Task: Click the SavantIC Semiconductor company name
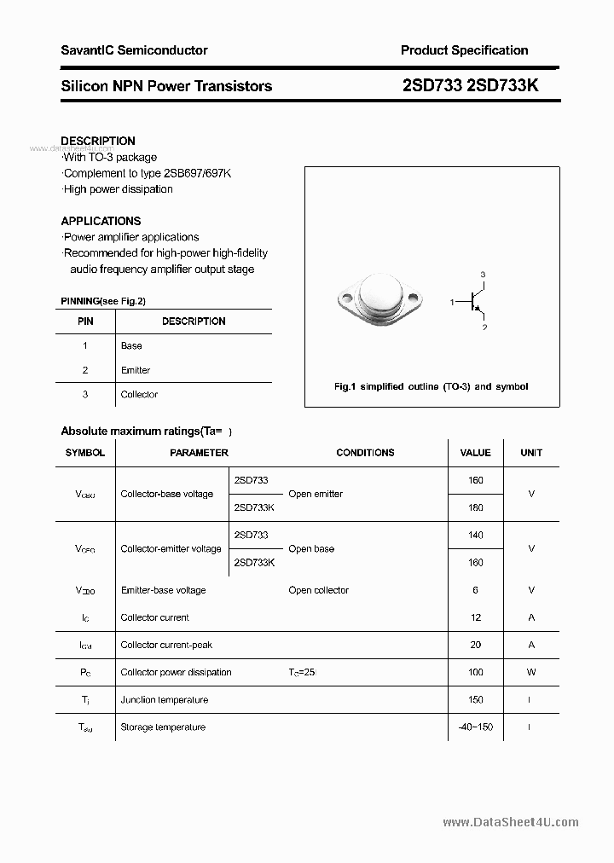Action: click(134, 50)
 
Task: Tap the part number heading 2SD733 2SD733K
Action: click(470, 85)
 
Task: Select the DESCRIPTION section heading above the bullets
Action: click(98, 141)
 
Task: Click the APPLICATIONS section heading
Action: click(101, 220)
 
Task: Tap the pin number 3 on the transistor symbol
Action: click(483, 274)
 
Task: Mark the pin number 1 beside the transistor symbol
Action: click(451, 302)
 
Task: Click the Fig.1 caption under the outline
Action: click(431, 386)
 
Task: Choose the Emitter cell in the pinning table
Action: click(136, 370)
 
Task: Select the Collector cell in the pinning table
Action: click(139, 394)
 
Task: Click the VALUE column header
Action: click(476, 453)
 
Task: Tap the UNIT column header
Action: click(531, 453)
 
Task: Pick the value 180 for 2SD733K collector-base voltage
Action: click(476, 507)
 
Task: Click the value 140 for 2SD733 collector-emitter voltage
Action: click(476, 535)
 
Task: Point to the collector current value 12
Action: click(476, 617)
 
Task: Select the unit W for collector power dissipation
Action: click(531, 672)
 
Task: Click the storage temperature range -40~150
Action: click(476, 727)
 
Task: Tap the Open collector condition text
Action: click(318, 590)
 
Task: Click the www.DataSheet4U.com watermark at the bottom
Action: click(511, 822)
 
